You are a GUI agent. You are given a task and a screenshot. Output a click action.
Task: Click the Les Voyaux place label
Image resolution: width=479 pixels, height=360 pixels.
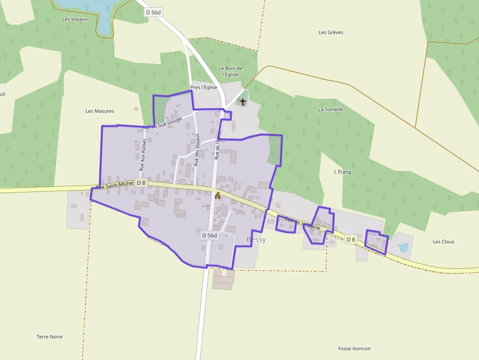click(75, 19)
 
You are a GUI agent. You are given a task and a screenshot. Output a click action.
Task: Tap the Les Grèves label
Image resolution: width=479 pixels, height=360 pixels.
click(331, 32)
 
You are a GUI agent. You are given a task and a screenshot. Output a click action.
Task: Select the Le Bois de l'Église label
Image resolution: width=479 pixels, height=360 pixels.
click(230, 71)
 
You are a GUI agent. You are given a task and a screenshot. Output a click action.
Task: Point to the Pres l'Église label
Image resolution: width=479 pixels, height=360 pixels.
click(203, 87)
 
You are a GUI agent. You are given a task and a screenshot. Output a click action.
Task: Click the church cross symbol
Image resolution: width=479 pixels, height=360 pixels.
click(242, 102)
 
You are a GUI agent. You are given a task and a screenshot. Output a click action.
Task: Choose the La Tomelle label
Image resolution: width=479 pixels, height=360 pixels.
click(330, 109)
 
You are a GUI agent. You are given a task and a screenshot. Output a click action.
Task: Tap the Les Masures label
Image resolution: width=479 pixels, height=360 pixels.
click(100, 111)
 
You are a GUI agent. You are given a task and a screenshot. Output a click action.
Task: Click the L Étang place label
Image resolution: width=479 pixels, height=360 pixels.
click(343, 172)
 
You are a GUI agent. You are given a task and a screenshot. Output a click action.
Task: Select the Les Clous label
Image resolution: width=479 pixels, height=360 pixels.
click(443, 242)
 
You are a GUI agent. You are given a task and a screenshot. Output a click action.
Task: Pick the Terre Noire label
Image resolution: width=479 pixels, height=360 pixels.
click(49, 337)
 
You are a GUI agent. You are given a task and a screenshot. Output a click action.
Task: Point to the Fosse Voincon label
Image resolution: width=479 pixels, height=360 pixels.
click(354, 348)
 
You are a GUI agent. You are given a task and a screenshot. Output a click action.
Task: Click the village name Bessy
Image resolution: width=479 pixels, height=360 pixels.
click(256, 239)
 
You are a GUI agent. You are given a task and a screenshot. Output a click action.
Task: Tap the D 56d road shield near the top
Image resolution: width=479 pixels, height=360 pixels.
click(153, 13)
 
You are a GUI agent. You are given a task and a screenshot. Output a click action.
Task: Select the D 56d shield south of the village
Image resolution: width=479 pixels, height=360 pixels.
click(209, 235)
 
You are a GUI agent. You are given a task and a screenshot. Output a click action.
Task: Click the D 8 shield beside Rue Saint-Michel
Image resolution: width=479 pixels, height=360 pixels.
click(141, 183)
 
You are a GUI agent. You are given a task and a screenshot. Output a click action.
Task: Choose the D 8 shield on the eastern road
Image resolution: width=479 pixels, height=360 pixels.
click(350, 239)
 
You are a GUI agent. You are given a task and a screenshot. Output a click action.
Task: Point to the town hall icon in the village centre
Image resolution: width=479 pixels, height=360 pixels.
click(218, 195)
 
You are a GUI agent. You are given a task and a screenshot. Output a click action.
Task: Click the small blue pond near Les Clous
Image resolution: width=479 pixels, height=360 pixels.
click(404, 248)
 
